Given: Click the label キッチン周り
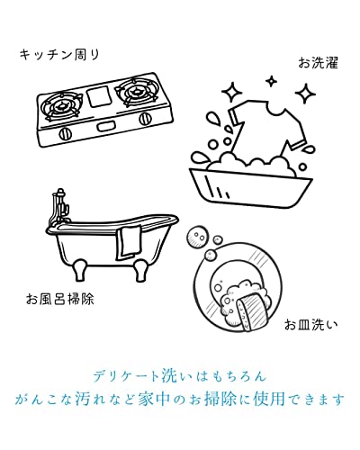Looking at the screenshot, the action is [x=59, y=55].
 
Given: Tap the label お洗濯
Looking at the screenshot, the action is [x=318, y=63].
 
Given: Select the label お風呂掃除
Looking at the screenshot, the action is [x=60, y=299].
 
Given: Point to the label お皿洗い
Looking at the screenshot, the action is [x=310, y=325].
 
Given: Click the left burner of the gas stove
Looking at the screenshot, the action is [x=62, y=105].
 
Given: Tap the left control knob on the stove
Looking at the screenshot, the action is [x=65, y=133].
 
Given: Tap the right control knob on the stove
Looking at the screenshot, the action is [x=145, y=119].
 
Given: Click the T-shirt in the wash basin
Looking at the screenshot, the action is [x=267, y=129].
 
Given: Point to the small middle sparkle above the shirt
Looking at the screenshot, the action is [x=271, y=81].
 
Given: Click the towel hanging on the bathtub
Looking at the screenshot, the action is [x=129, y=243].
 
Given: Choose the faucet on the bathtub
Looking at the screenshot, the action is [x=59, y=207].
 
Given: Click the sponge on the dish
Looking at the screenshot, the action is [x=251, y=310].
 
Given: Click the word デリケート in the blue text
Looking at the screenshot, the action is [x=126, y=376].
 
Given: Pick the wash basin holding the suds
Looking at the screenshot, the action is [x=250, y=187].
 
